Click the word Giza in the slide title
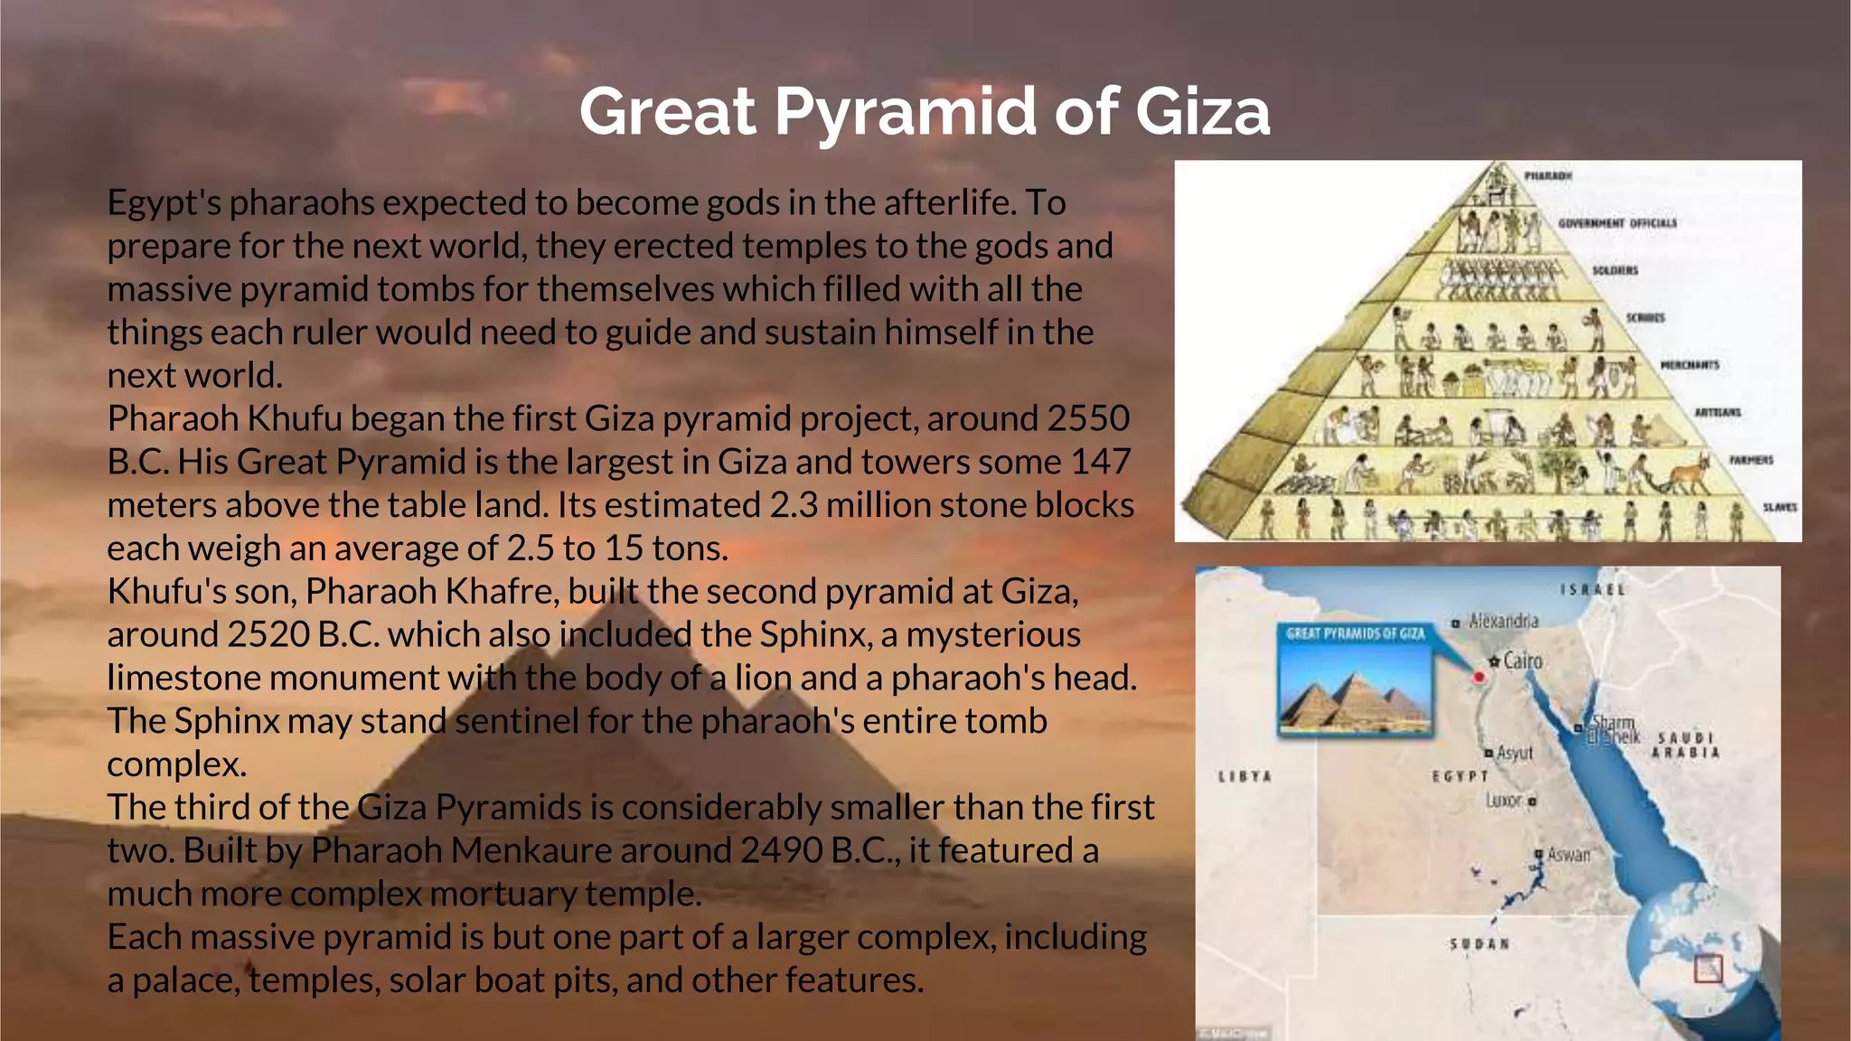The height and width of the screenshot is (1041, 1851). tap(1202, 112)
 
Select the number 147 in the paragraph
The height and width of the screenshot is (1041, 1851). tap(1100, 462)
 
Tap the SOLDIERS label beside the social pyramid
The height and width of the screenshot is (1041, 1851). tap(1614, 270)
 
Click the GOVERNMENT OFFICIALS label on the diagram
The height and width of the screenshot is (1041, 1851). tap(1617, 222)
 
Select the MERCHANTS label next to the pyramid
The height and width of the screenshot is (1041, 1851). tap(1689, 365)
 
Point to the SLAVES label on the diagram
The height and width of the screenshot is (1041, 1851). tap(1780, 507)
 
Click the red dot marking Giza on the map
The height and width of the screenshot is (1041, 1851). tap(1480, 676)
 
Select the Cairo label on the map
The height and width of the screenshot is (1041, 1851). tap(1522, 661)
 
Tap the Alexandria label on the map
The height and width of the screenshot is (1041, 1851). tap(1503, 621)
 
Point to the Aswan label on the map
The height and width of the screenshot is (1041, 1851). tap(1568, 854)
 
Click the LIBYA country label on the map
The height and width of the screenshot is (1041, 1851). tap(1245, 776)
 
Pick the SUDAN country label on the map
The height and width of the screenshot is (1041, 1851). tap(1480, 943)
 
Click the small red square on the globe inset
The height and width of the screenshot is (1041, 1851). tap(1707, 969)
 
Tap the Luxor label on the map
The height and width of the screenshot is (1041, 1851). tap(1504, 800)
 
